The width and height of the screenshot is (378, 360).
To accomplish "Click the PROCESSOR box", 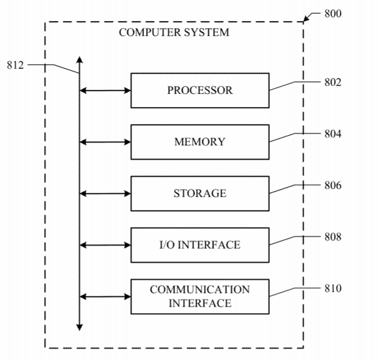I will coord(200,90).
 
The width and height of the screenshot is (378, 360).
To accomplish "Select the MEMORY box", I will coord(200,142).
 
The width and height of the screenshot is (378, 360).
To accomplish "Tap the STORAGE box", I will coord(200,193).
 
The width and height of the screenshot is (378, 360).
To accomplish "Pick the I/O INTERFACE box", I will coord(200,245).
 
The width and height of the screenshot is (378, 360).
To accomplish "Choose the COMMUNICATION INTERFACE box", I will coord(200,296).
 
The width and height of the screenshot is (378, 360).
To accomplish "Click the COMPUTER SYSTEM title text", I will coord(174,33).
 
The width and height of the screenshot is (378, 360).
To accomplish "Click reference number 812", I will coord(15,65).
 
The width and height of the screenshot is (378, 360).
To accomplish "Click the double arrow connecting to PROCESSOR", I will coord(105,90).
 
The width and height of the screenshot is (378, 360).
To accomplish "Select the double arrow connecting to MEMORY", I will coord(105,142).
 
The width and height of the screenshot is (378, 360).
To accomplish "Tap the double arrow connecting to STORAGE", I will coord(105,193).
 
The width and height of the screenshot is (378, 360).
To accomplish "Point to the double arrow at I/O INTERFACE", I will coord(105,245).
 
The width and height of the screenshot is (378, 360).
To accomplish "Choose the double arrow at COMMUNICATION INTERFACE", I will coord(105,296).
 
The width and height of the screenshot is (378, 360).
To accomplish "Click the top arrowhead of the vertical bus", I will coord(79,59).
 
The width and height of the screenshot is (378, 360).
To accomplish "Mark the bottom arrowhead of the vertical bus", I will coord(79,327).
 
